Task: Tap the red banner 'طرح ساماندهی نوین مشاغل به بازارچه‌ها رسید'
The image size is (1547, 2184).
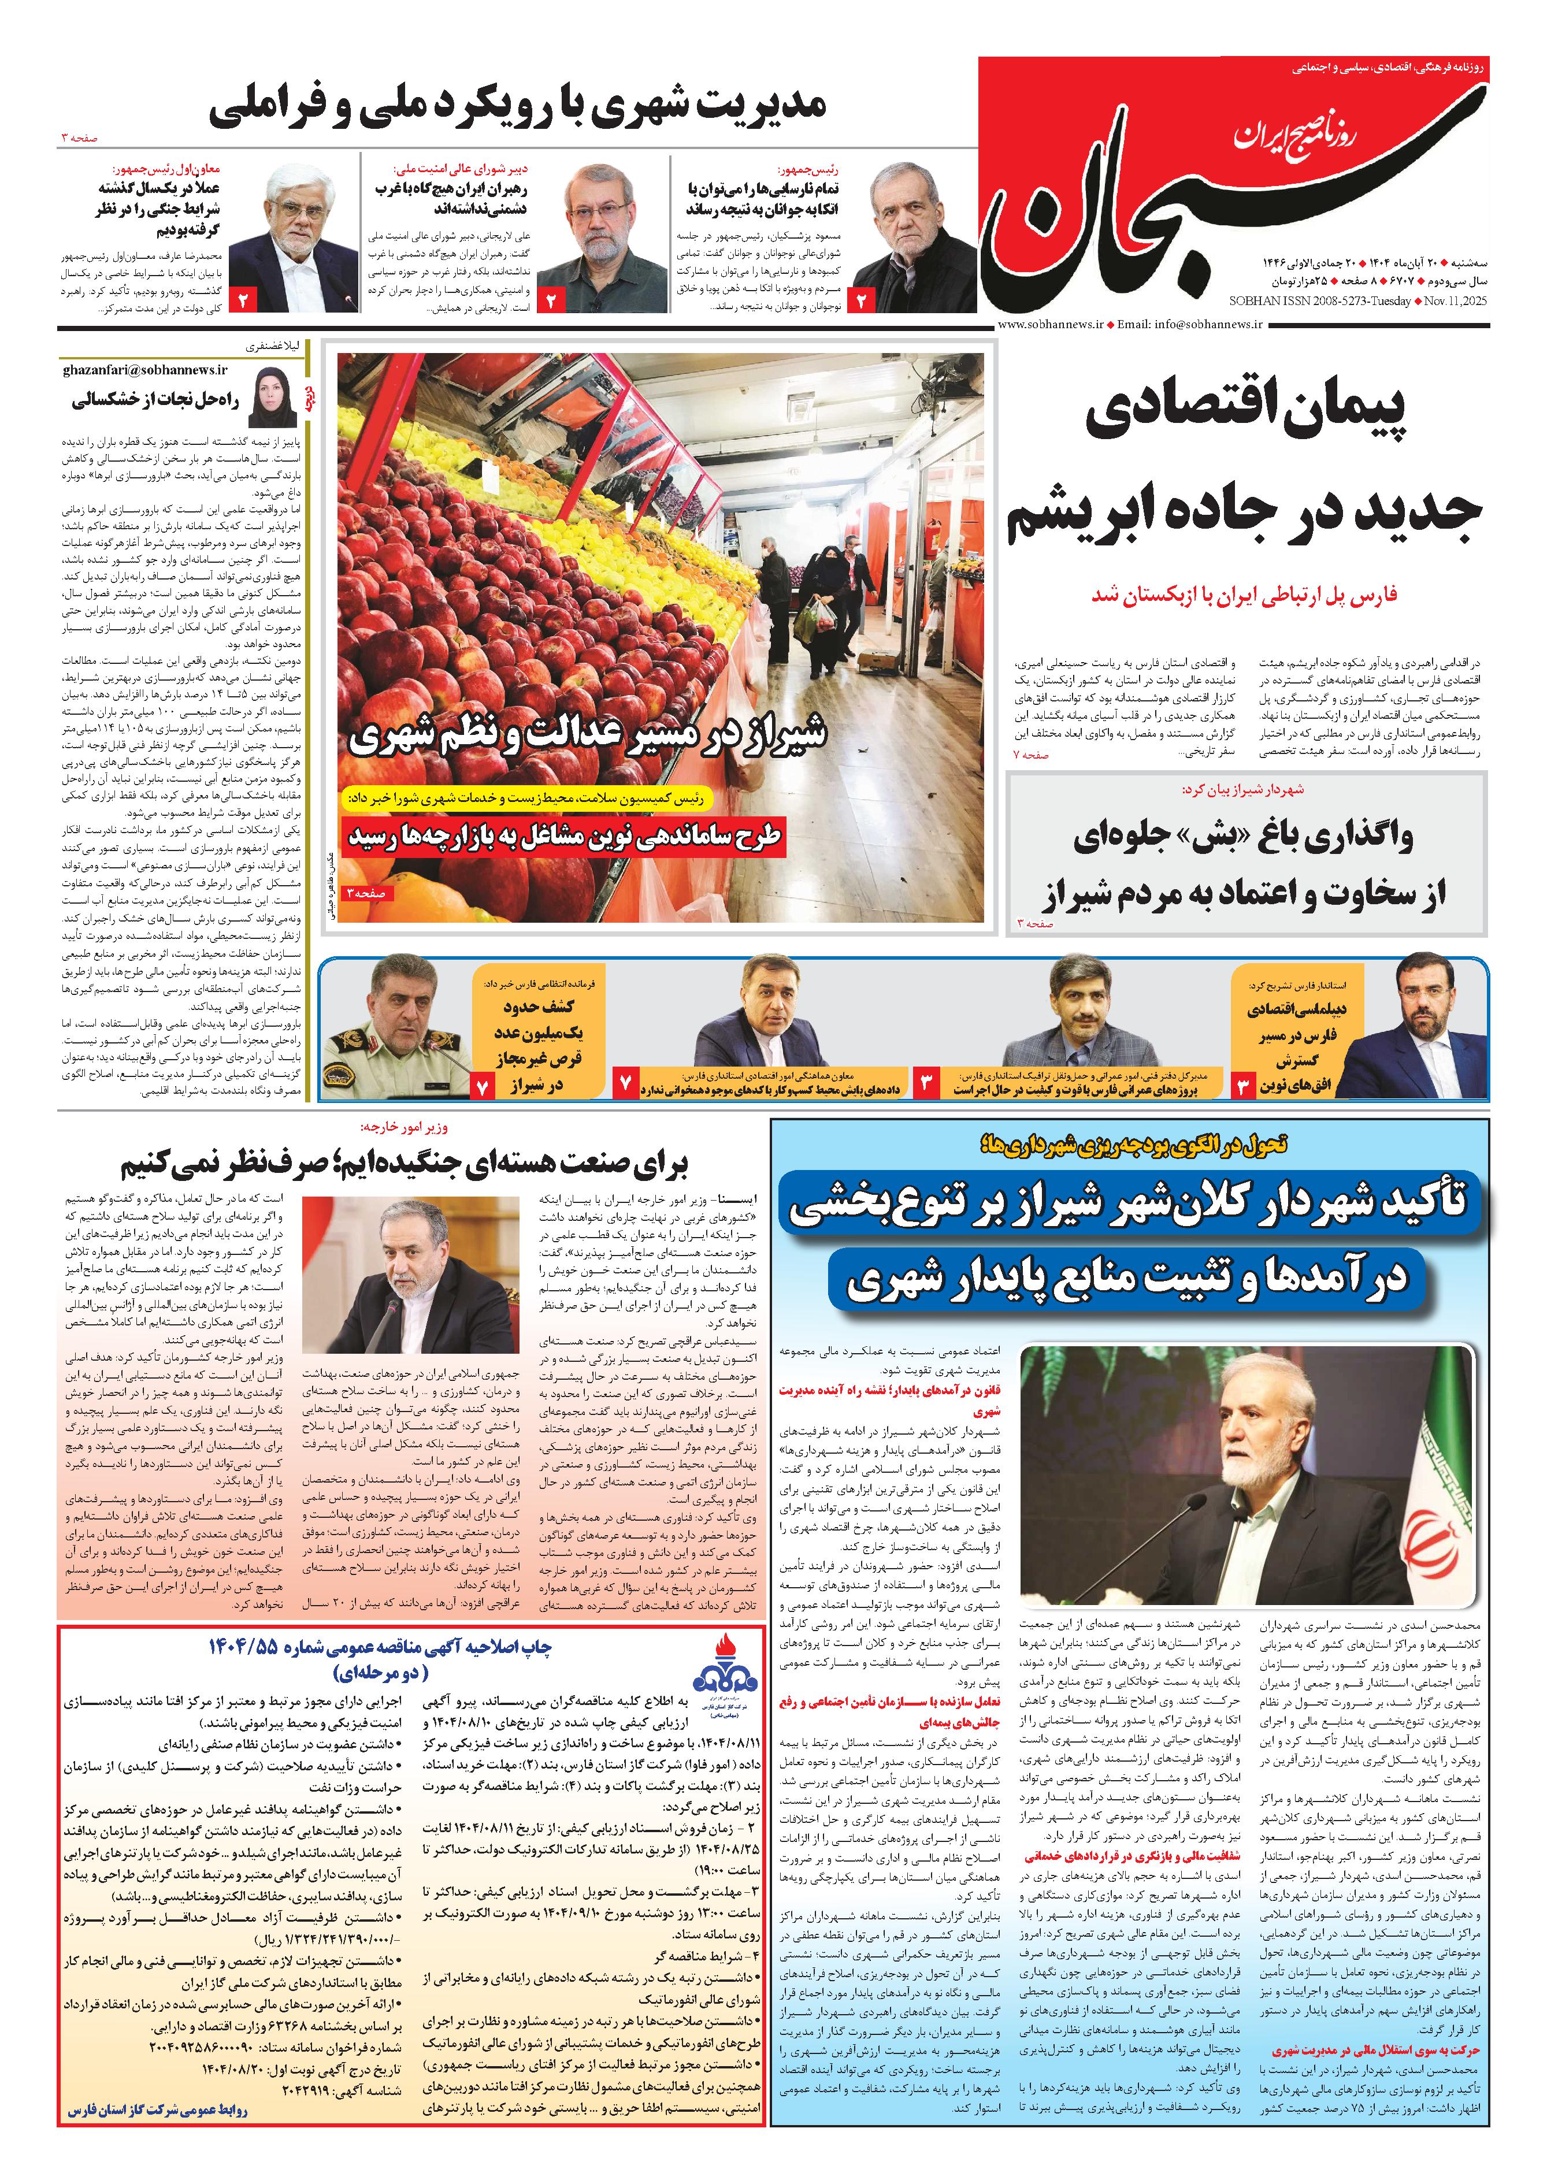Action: (564, 835)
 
